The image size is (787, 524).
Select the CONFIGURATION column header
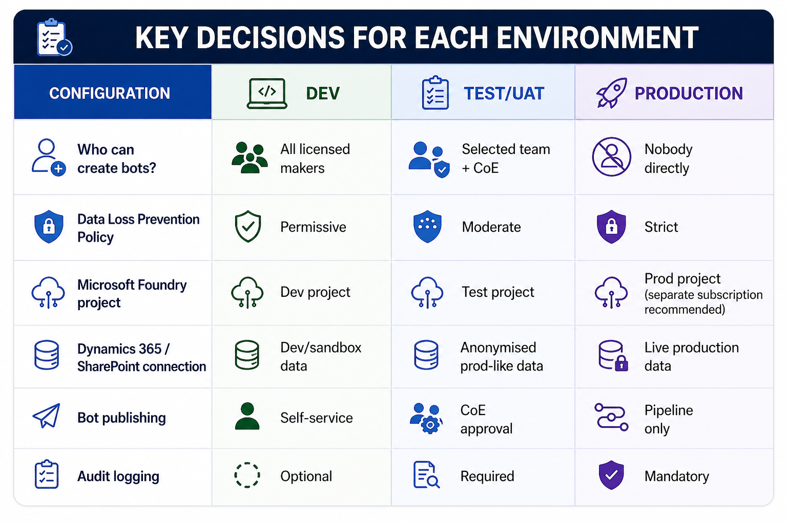[x=110, y=93]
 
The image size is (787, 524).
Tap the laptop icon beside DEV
[x=267, y=93]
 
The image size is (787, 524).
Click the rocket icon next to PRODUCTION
[x=612, y=93]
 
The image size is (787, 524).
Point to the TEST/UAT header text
[x=504, y=93]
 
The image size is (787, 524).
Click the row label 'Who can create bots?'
[x=117, y=159]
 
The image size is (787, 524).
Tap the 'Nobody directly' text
[x=668, y=159]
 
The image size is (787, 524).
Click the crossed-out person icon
[x=611, y=157]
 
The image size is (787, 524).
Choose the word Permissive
[x=313, y=227]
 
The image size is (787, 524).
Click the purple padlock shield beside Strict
[x=611, y=227]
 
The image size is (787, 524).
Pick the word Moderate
[x=491, y=227]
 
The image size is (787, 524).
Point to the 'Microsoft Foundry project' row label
[x=132, y=294]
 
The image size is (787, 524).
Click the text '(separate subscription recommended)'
[x=703, y=302]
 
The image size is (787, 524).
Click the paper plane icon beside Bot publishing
[x=47, y=416]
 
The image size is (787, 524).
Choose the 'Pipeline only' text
[x=669, y=420]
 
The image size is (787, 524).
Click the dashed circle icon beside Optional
[x=247, y=475]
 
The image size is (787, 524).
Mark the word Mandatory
[x=677, y=476]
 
